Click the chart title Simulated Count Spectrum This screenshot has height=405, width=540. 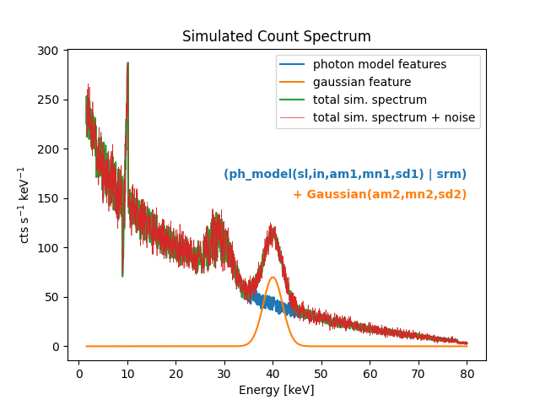point(277,37)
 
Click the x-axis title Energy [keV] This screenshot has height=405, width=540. point(277,390)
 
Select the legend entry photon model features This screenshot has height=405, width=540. point(379,65)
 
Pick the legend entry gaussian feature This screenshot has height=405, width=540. point(361,82)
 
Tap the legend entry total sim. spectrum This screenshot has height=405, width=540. point(370,100)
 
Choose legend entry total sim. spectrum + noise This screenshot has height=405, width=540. point(393,117)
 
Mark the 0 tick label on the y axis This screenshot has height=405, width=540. point(55,347)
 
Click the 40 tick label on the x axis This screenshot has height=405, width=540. point(273,371)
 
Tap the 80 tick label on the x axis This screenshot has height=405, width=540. point(467,371)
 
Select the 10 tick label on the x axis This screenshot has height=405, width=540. point(127,371)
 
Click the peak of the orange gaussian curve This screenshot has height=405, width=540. point(273,277)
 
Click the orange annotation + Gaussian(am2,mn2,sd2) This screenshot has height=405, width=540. point(380,195)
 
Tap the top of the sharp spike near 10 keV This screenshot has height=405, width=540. point(127,63)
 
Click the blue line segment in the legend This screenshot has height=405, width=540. point(294,65)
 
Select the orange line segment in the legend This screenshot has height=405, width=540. point(294,82)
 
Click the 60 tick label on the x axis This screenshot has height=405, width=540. point(370,371)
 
